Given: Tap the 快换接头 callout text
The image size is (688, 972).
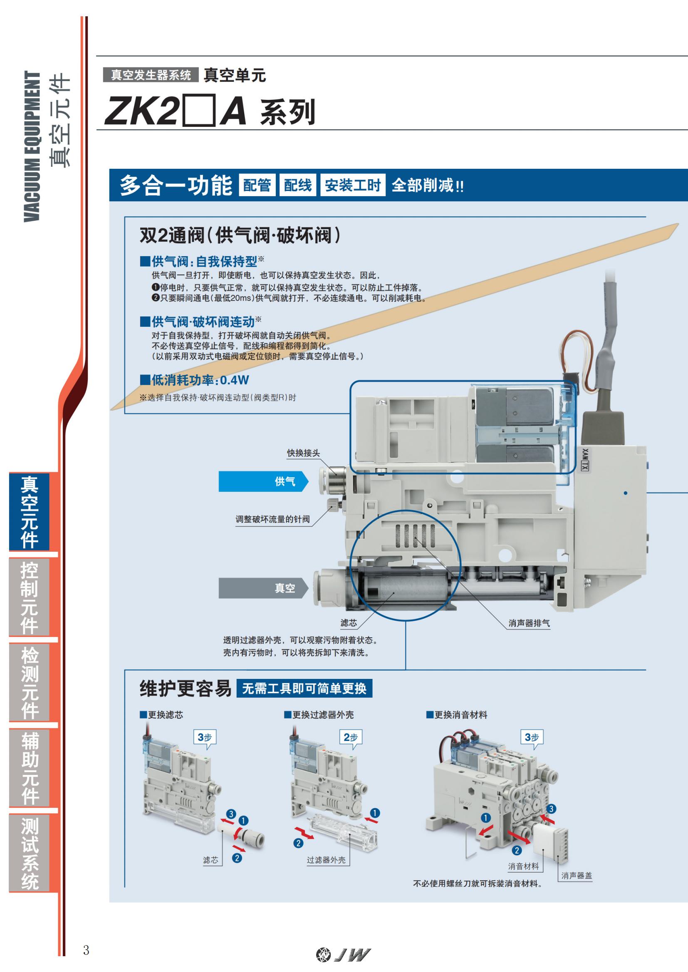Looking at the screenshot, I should (x=303, y=453).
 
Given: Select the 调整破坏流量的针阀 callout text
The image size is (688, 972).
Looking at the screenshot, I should (x=272, y=519).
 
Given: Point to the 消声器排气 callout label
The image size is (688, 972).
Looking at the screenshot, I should (x=529, y=623).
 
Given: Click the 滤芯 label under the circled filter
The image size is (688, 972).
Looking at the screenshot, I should (x=349, y=623).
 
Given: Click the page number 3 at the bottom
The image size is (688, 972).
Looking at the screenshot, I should (x=87, y=950).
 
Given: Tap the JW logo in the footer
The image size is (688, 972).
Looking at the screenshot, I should (x=343, y=954).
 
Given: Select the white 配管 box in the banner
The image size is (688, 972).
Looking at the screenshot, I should (x=257, y=185).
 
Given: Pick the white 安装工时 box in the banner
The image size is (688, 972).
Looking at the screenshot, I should (x=352, y=185).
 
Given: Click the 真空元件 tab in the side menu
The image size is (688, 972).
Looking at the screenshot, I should (x=30, y=512).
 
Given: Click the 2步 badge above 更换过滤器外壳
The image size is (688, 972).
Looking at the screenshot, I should (x=351, y=738).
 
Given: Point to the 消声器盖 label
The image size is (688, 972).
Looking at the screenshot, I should (x=576, y=876).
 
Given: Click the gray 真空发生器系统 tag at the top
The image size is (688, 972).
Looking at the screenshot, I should (x=151, y=75).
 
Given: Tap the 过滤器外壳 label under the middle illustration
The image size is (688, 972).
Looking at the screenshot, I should (x=326, y=860).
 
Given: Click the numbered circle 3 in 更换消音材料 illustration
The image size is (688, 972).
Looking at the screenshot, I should (x=551, y=809).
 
